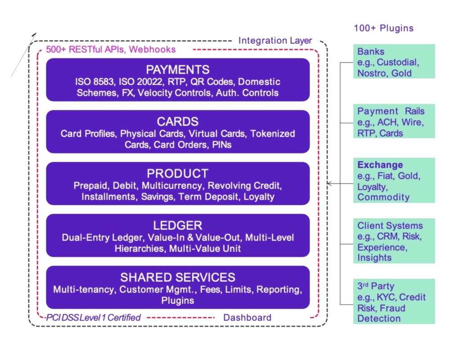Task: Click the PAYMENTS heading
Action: [x=178, y=70]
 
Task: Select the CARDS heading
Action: [x=178, y=122]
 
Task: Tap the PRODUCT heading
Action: [x=178, y=173]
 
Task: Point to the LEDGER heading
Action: [x=178, y=225]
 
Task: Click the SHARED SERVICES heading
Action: [x=178, y=277]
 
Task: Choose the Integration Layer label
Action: [x=275, y=41]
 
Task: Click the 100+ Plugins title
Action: [x=384, y=28]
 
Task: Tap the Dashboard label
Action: [x=247, y=318]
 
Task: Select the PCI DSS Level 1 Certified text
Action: [x=94, y=318]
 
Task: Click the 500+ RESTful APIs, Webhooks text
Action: [x=111, y=50]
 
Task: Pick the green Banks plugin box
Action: [x=394, y=62]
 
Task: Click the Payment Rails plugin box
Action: [x=394, y=122]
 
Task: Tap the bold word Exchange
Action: [x=380, y=164]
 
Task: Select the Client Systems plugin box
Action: [x=394, y=241]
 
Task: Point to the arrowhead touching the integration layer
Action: [x=330, y=183]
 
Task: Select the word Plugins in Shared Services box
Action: [x=178, y=301]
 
